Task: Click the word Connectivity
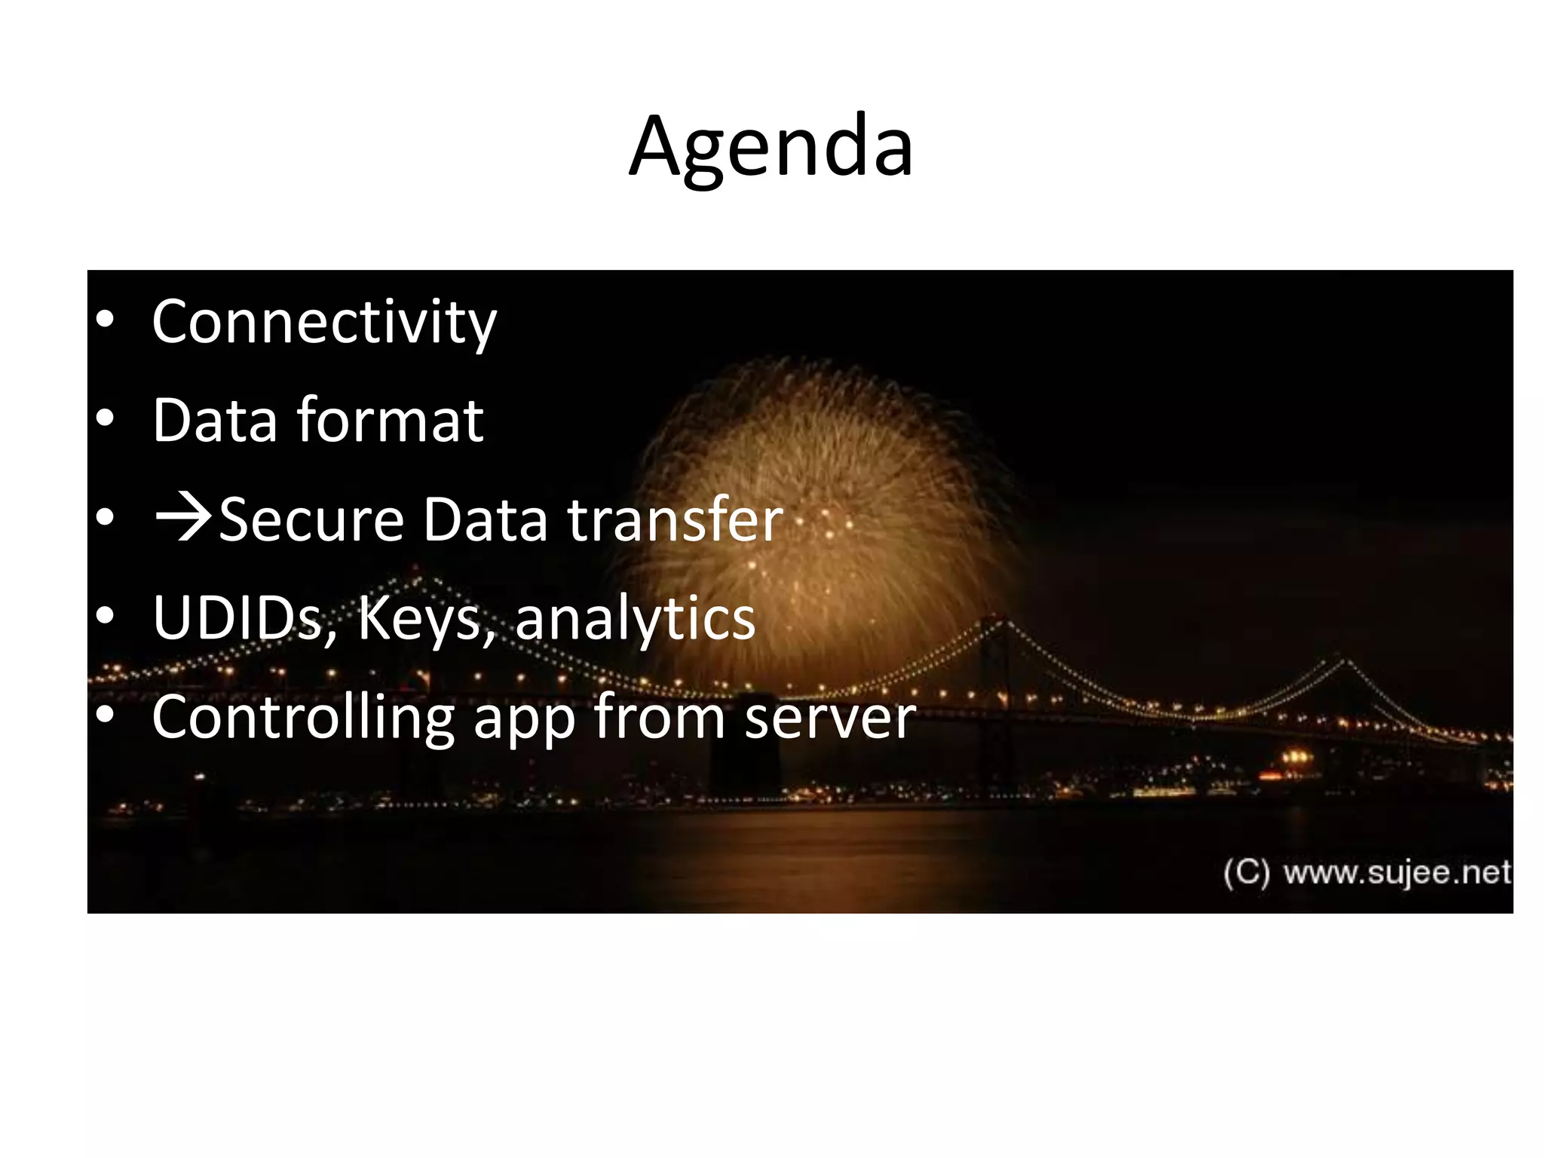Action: (x=324, y=322)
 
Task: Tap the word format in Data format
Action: (x=390, y=420)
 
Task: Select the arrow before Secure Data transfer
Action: (x=183, y=519)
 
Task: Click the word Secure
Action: (x=311, y=519)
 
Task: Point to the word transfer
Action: (x=675, y=519)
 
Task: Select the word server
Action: (x=830, y=718)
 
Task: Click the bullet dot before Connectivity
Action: (x=106, y=320)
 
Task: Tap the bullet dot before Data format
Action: (x=106, y=419)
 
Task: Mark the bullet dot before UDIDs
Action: (x=106, y=617)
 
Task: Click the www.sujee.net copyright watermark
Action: (x=1397, y=873)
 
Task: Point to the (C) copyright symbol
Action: (x=1246, y=873)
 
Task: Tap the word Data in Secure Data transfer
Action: (x=485, y=519)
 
